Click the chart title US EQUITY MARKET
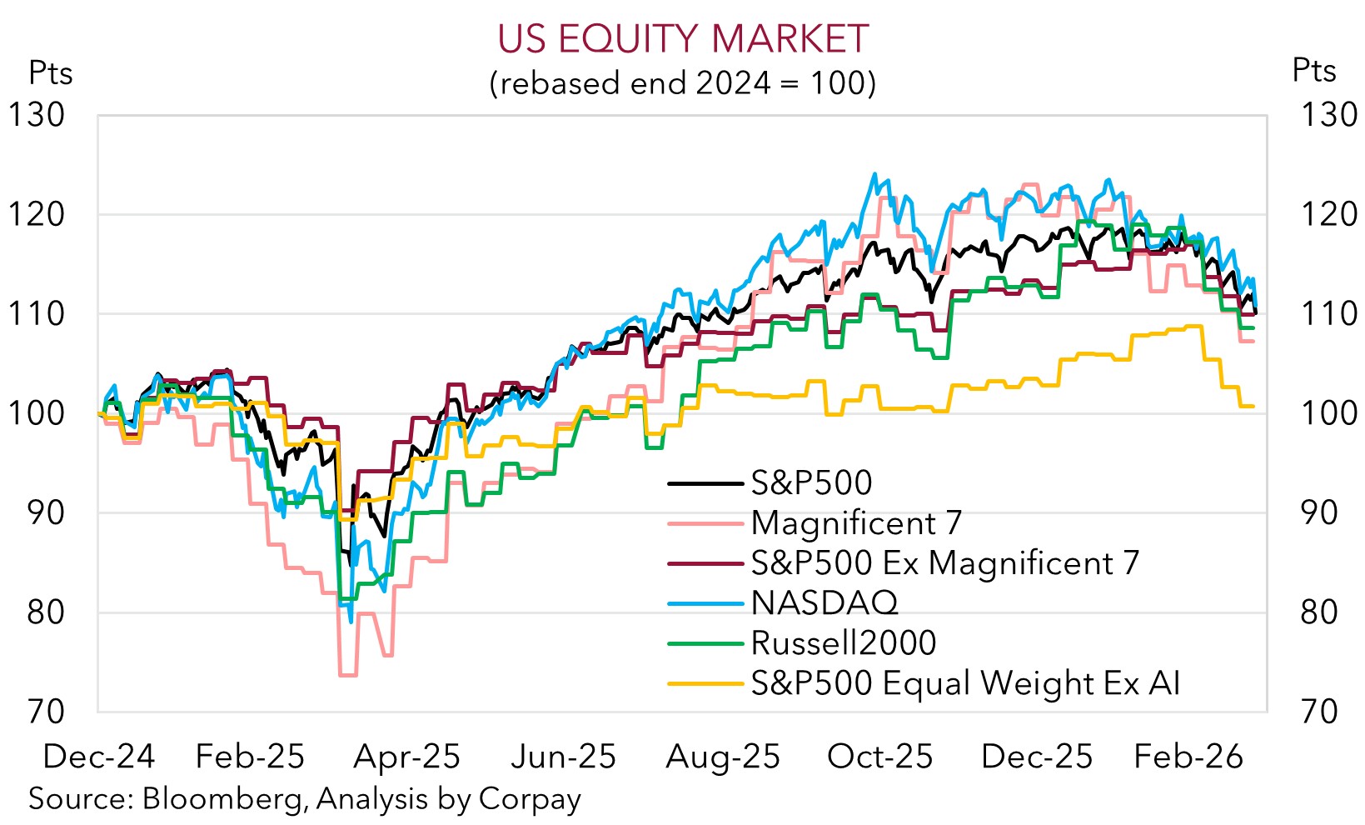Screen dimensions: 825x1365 coord(682,39)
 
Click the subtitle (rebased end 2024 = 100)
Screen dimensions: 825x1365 coord(682,83)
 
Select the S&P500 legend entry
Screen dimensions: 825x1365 coord(811,482)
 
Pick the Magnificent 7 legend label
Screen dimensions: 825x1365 coord(855,523)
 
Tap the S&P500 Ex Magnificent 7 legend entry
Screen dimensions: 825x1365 coord(944,563)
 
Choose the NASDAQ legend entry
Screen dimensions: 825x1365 coord(824,602)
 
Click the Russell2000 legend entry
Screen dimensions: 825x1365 coord(843,642)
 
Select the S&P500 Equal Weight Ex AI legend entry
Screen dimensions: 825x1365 coord(965,683)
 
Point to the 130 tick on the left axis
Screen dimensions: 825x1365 coord(37,115)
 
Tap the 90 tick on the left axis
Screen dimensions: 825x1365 coord(45,512)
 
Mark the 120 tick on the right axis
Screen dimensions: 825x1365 coord(1328,214)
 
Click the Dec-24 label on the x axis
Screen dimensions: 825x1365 coord(98,757)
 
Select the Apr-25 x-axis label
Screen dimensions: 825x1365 coord(406,757)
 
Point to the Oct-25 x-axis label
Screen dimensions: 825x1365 coord(879,757)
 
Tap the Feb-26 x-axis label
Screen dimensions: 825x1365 coord(1188,757)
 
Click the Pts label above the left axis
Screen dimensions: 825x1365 coord(50,73)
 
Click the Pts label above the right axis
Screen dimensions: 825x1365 coord(1313,71)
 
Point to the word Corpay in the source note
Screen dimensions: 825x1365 coord(530,799)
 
